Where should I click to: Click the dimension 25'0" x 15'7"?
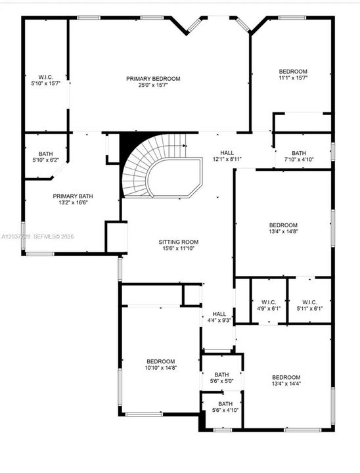pos(153,85)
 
